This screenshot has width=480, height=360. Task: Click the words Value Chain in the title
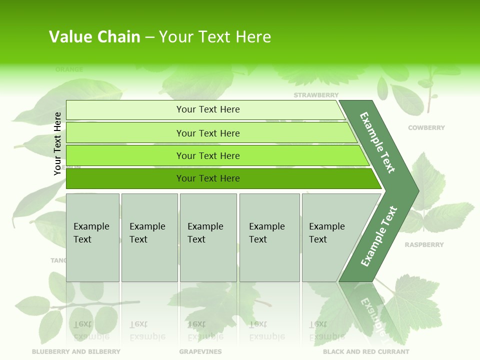94,37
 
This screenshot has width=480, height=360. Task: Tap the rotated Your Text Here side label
58,143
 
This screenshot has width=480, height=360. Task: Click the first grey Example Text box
92,237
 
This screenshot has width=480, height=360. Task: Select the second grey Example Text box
149,237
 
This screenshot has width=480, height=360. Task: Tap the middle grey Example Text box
208,237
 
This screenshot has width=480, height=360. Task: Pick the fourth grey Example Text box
269,237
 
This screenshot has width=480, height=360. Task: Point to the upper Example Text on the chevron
377,142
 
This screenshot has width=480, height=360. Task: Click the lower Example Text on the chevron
378,236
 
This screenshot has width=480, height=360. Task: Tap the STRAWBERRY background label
316,95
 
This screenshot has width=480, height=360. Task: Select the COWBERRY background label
426,128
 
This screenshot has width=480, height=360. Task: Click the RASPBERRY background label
424,245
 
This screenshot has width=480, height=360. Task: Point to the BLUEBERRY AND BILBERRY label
76,351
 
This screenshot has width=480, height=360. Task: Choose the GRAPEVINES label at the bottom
200,351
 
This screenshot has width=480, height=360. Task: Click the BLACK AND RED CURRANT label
366,351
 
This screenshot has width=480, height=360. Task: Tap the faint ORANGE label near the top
69,69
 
